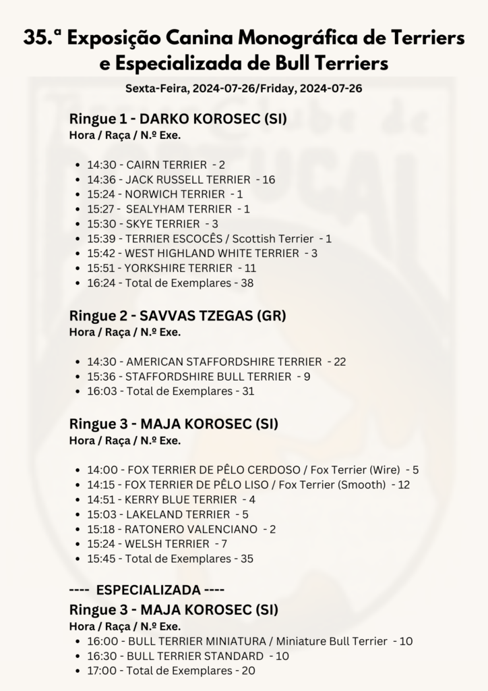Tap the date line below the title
(244, 88)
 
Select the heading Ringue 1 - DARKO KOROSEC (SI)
(178, 119)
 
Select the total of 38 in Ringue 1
(247, 283)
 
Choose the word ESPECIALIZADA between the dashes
(148, 590)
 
